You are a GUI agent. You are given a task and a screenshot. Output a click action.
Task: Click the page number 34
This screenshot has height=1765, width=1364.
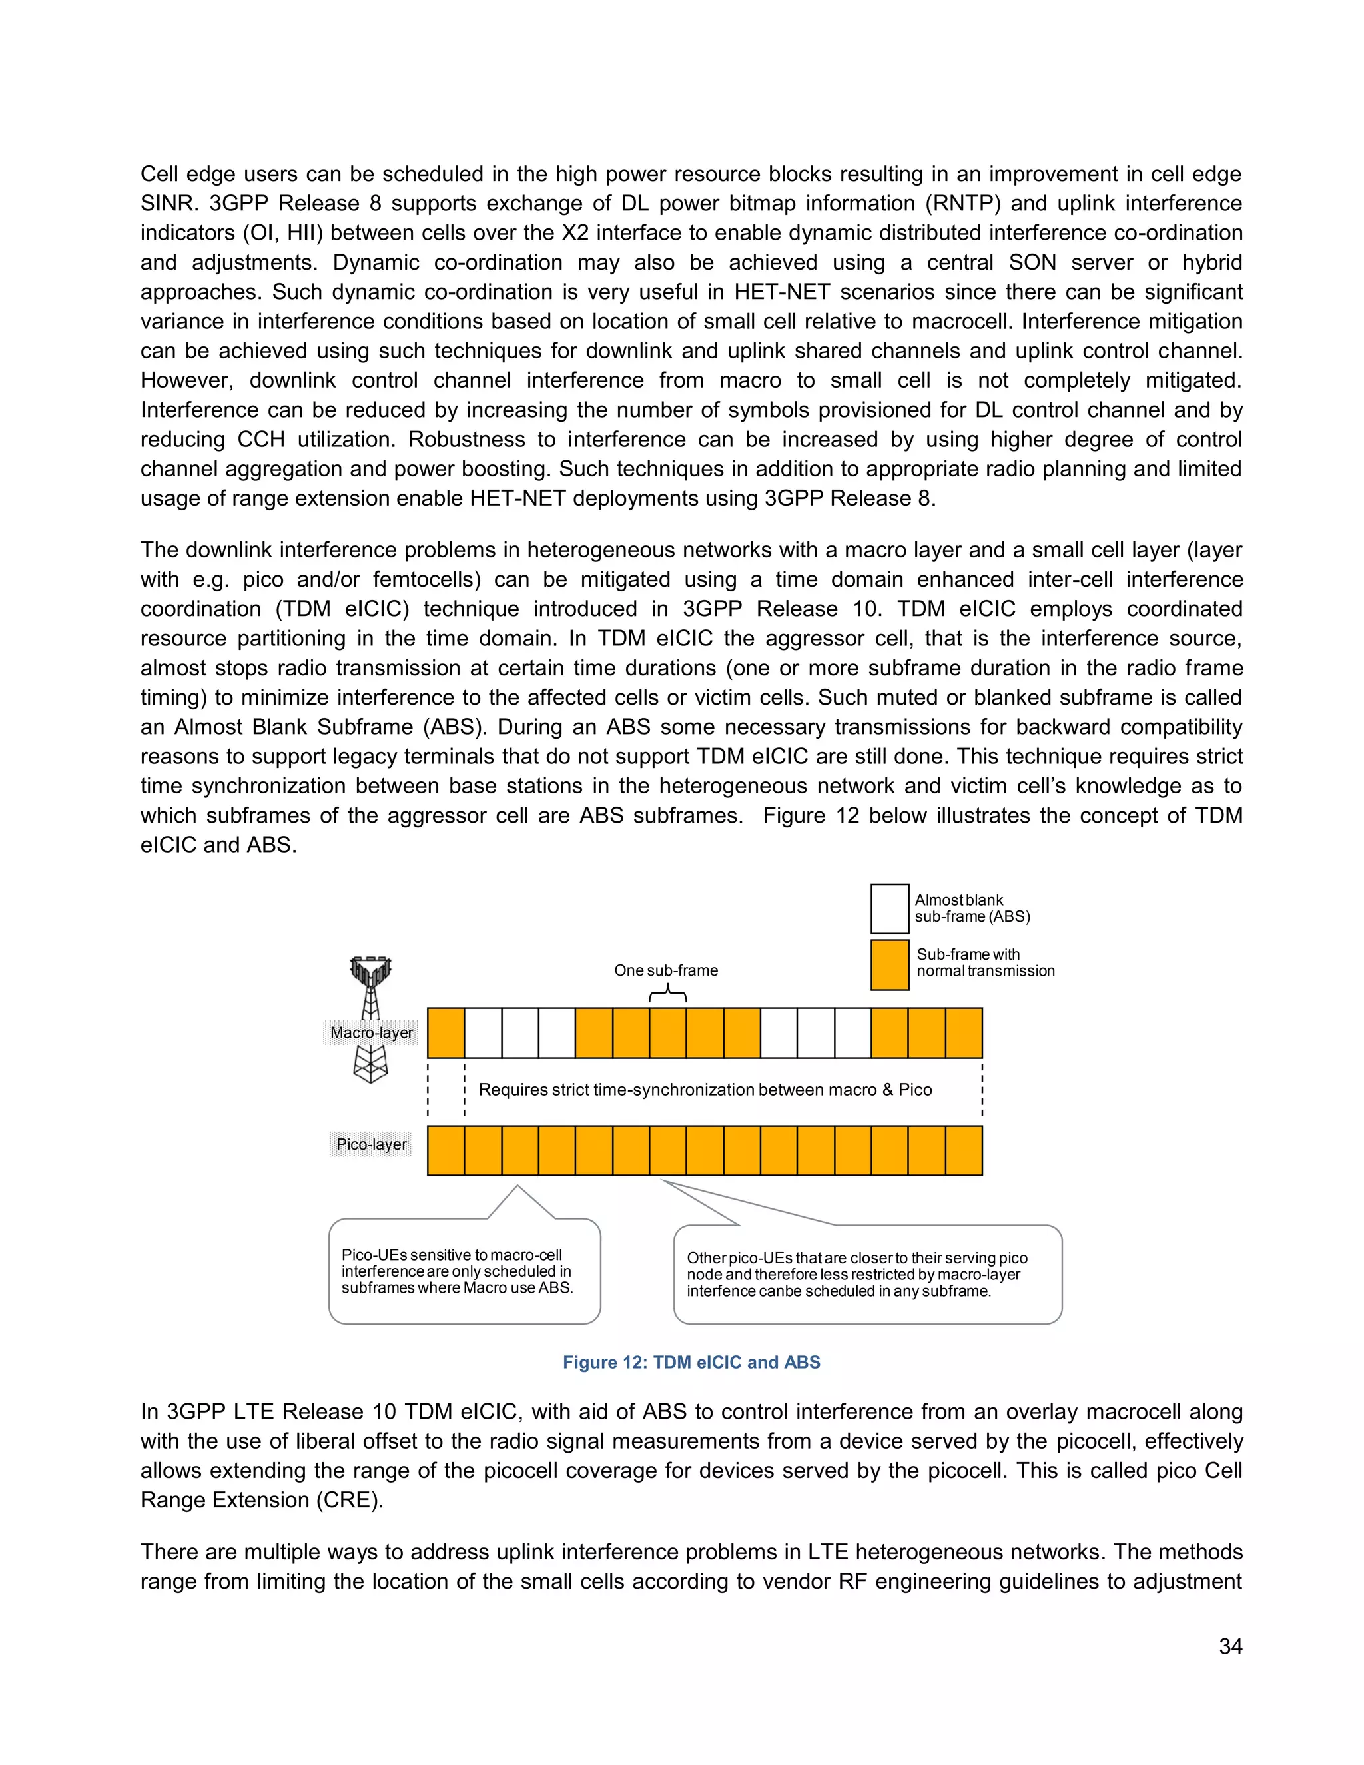coord(1230,1646)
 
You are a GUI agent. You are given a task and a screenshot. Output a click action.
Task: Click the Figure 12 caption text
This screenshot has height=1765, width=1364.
coord(691,1362)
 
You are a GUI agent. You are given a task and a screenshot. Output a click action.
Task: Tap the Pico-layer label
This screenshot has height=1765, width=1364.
coord(371,1144)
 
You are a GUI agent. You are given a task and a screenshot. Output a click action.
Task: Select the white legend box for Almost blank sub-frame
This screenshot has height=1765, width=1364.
coord(890,908)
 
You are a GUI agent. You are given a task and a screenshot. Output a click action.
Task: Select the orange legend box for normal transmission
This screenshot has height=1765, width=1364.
coord(890,964)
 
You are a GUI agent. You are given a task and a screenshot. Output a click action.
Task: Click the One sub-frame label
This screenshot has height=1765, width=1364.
coord(666,970)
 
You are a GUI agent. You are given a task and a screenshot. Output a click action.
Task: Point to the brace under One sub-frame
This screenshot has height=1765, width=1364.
coord(668,995)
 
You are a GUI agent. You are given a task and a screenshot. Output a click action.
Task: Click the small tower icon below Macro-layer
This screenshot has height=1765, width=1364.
coord(370,1064)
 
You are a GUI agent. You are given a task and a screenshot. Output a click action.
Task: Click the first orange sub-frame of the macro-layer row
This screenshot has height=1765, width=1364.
coord(446,1033)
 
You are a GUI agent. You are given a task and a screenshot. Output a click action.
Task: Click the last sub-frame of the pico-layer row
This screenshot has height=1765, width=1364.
coord(964,1150)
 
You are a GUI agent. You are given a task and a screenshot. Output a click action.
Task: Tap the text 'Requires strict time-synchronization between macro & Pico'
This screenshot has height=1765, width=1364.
coord(705,1090)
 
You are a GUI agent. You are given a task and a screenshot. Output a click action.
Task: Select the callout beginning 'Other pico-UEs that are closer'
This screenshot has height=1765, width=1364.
coord(867,1274)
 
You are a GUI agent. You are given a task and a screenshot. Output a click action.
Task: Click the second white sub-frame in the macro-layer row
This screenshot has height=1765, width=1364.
coord(519,1033)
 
